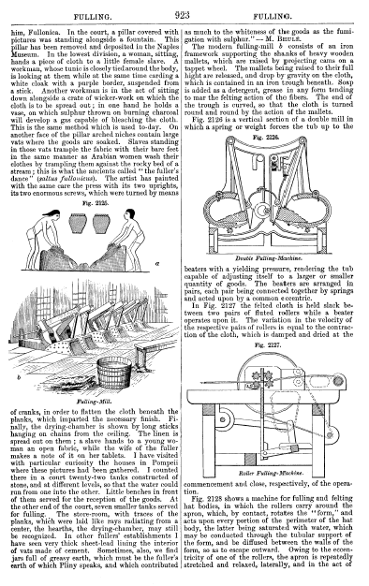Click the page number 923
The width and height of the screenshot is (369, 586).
click(182, 15)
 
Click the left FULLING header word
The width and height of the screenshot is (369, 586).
click(93, 17)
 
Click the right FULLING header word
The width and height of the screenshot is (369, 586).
click(273, 17)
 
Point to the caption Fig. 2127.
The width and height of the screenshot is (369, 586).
click(268, 344)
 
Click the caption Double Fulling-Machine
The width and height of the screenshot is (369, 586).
click(269, 257)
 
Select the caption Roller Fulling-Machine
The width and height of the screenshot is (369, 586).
click(271, 473)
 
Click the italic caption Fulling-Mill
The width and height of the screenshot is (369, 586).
click(94, 403)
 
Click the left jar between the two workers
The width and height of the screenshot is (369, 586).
click(78, 223)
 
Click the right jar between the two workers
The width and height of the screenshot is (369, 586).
click(101, 223)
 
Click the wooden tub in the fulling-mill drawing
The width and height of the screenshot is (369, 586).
click(114, 372)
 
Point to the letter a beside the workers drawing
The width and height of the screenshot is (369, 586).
click(157, 263)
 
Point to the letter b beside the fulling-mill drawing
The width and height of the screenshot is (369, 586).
click(19, 377)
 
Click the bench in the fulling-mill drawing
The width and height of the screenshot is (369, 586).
click(150, 354)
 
